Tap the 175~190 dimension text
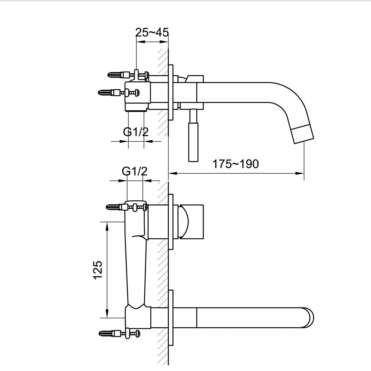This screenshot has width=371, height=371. pyautogui.click(x=235, y=164)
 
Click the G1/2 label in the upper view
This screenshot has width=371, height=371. pyautogui.click(x=136, y=132)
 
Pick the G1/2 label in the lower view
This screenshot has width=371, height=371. pyautogui.click(x=135, y=172)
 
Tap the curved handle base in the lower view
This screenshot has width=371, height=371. pyautogui.click(x=183, y=222)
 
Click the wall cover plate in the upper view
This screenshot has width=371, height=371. pyautogui.click(x=171, y=92)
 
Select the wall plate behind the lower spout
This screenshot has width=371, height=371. pyautogui.click(x=171, y=318)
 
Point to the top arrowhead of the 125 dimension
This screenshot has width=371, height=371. pyautogui.click(x=107, y=224)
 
